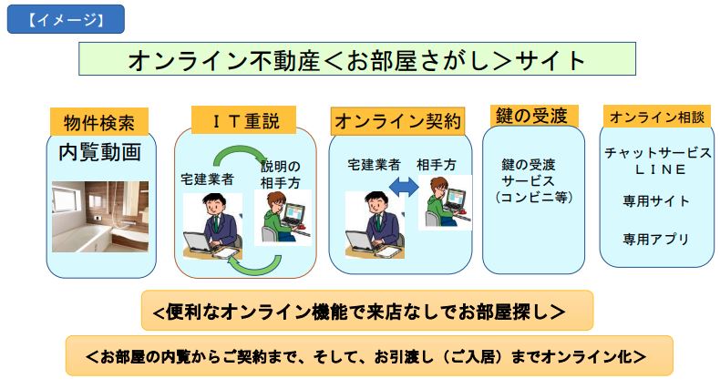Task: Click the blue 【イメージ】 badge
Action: coord(66,19)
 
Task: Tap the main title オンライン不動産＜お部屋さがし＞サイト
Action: coord(356,59)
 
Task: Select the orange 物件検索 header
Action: coord(99,122)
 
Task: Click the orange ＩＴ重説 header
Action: coord(243,120)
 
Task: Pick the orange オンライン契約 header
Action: coord(397,121)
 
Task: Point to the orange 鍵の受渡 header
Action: coord(531,116)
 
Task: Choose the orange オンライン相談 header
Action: coord(656,117)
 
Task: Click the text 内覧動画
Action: coord(99,152)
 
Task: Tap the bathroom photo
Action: coord(100,217)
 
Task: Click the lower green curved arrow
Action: coord(255,266)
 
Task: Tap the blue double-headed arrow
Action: coord(404,187)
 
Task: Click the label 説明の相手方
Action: coord(280,175)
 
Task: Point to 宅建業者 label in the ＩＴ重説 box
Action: coord(208,179)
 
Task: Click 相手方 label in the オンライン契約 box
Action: coord(437,165)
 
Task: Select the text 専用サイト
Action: coord(656,201)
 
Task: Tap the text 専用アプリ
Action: coord(656,239)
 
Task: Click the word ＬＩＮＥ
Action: coord(661,169)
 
